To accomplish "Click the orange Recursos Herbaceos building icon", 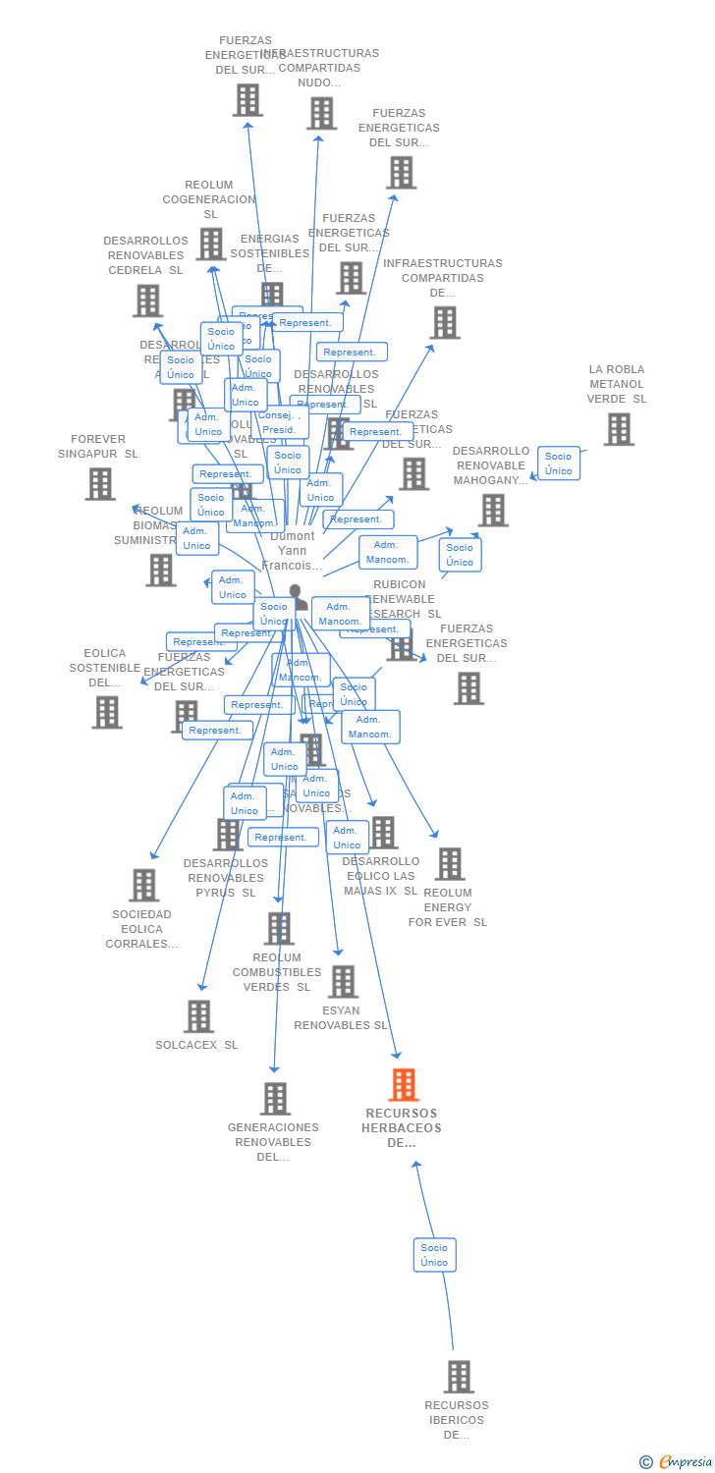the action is [404, 1085].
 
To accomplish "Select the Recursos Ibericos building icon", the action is [459, 1377].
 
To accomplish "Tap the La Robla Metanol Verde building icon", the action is [618, 429].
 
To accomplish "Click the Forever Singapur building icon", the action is [100, 484].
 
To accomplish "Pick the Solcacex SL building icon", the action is [198, 1016].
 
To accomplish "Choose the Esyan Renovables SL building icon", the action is [343, 981].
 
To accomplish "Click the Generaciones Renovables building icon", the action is [275, 1099].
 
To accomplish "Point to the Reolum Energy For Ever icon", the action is [449, 864].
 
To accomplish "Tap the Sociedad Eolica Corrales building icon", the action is [143, 885].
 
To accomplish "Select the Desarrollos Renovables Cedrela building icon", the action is [147, 300].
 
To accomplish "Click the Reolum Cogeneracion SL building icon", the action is [211, 244].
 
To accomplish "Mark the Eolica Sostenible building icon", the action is [107, 712].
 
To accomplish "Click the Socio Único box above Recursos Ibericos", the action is [434, 1255].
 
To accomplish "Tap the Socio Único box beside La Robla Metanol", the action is [558, 464].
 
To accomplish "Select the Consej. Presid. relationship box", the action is [279, 422].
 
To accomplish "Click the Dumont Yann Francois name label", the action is [293, 551].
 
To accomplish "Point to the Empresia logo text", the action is [685, 1462].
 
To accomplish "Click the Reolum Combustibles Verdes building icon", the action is [279, 928].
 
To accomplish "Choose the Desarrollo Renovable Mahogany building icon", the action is [493, 510].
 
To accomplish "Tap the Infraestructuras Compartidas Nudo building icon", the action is [321, 114].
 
